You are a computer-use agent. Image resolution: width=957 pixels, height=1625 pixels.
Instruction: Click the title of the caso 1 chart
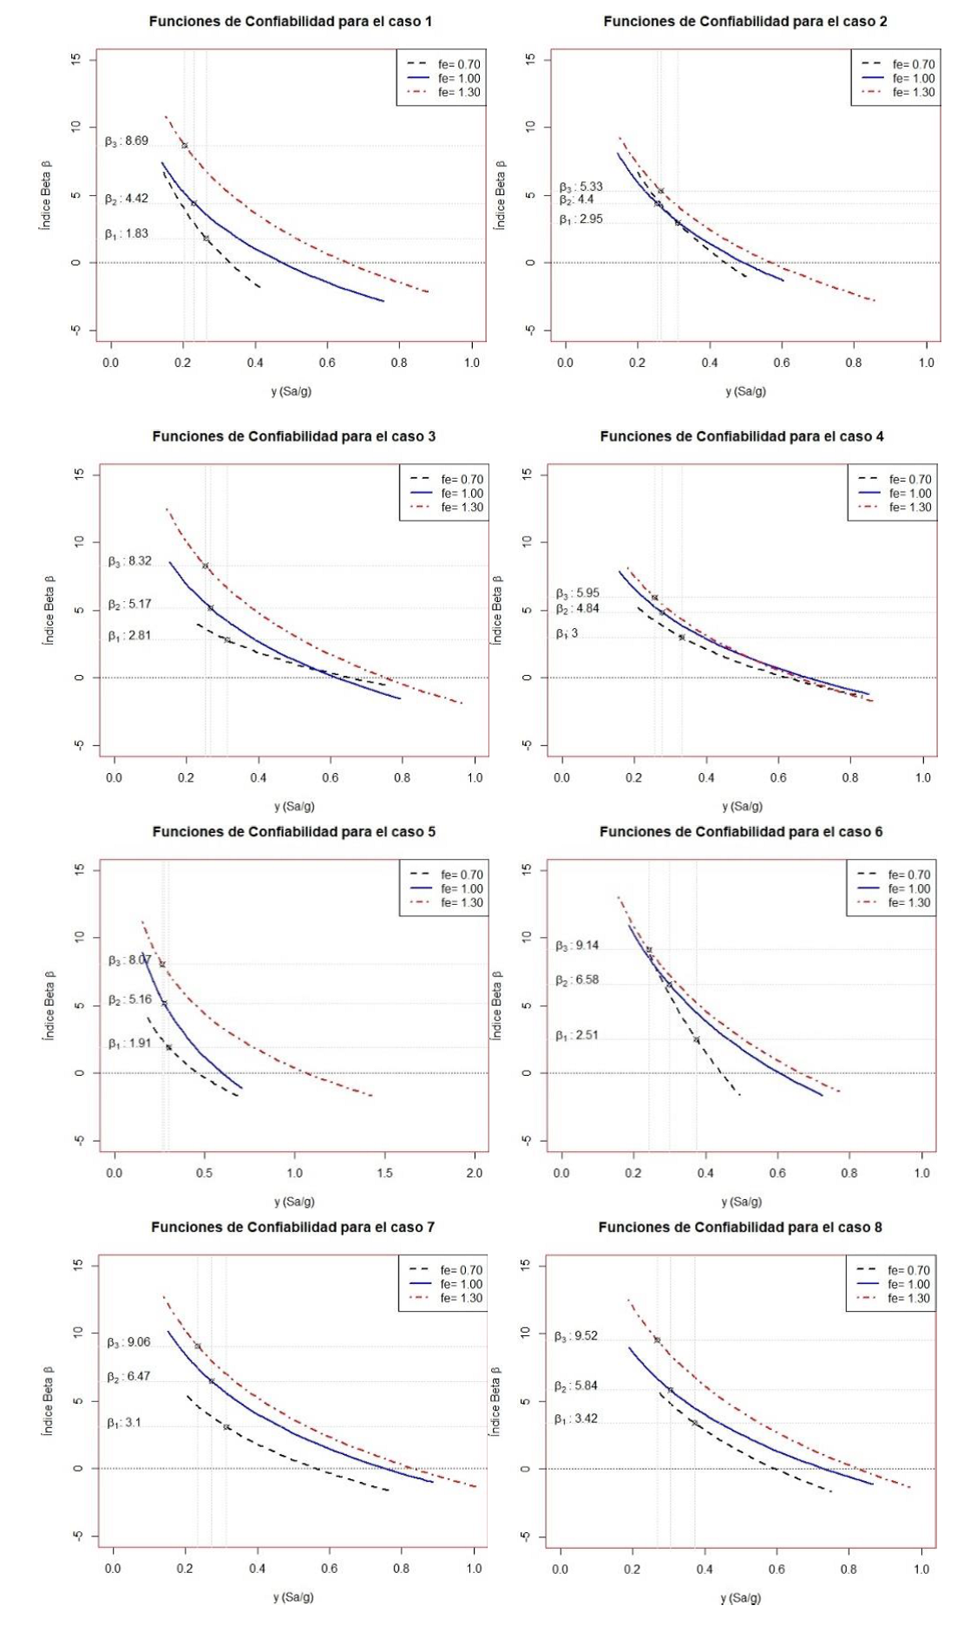(x=290, y=22)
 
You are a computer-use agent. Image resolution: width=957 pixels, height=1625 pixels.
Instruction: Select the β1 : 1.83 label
(x=127, y=233)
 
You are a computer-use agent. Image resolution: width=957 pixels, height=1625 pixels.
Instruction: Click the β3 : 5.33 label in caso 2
(x=580, y=187)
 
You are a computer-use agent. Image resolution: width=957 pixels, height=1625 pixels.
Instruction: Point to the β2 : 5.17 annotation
(x=129, y=605)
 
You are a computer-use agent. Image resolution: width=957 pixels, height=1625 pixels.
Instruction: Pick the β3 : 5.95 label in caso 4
(x=577, y=593)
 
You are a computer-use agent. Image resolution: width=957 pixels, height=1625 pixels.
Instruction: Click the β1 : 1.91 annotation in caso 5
(x=129, y=1044)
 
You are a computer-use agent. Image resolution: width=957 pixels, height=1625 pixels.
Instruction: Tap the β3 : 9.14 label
(x=577, y=946)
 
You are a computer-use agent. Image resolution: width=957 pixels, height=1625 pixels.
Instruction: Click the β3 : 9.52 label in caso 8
(x=576, y=1336)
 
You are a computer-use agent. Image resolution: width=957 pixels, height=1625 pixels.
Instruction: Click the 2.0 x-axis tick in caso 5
(x=475, y=1173)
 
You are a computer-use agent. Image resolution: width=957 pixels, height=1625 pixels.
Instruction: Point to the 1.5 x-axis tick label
(x=384, y=1173)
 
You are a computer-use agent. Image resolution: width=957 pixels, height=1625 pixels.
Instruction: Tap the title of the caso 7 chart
(x=292, y=1227)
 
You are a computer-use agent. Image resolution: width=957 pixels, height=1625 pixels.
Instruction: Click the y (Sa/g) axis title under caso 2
(x=745, y=391)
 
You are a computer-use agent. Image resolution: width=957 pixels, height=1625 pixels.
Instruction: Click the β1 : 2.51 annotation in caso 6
(x=577, y=1035)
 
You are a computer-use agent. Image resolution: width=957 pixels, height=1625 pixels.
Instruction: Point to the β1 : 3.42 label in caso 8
(x=576, y=1419)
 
